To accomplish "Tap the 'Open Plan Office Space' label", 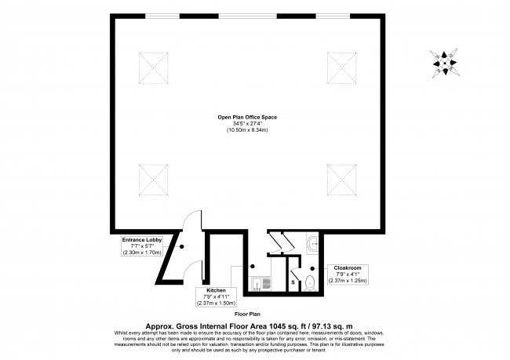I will [x=247, y=117].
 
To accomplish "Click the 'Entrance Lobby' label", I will [x=141, y=240].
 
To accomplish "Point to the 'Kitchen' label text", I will [x=217, y=289].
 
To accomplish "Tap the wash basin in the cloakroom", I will [x=314, y=243].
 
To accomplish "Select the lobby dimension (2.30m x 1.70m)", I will [x=141, y=253].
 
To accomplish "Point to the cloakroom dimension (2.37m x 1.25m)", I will [x=348, y=280].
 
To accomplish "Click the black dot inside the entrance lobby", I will [x=182, y=247].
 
